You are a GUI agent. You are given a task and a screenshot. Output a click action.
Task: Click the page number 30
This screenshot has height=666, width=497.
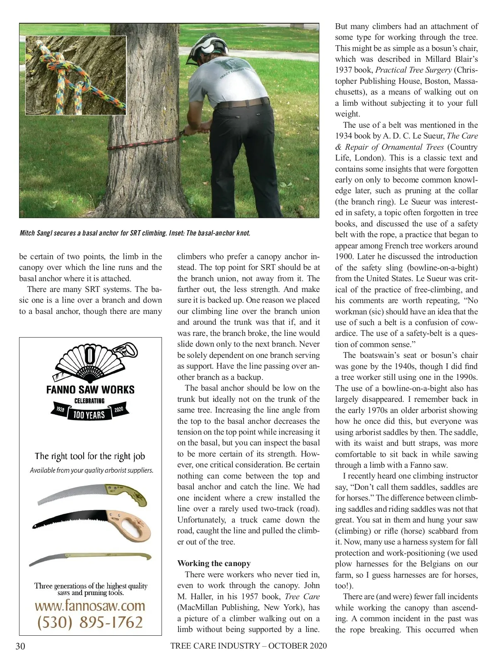pos(20,646)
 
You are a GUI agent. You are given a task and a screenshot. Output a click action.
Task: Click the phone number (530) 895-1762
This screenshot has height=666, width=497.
pos(90,622)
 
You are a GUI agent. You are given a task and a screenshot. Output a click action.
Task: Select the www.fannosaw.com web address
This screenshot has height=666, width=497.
pos(90,606)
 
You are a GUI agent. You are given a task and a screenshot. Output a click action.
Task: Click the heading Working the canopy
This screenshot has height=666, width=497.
pos(214,563)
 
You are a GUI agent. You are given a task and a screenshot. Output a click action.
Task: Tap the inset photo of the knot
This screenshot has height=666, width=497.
pos(76,75)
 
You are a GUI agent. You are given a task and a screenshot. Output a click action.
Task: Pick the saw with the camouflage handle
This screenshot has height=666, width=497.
pos(92,495)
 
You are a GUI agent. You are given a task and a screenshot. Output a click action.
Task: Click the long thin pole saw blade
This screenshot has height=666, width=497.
pos(90,558)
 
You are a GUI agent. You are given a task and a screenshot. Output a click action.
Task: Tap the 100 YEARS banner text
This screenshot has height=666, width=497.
pos(89,415)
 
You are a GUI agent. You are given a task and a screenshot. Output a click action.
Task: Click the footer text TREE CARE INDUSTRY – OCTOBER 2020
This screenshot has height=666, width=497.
pos(248,646)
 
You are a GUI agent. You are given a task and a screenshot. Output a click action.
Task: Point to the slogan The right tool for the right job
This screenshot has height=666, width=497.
pos(90,456)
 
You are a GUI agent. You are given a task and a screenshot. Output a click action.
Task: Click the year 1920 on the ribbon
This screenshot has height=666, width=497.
pos(60,410)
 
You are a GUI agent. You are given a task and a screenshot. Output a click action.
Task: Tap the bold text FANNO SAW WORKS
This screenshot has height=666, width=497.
pos(90,390)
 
